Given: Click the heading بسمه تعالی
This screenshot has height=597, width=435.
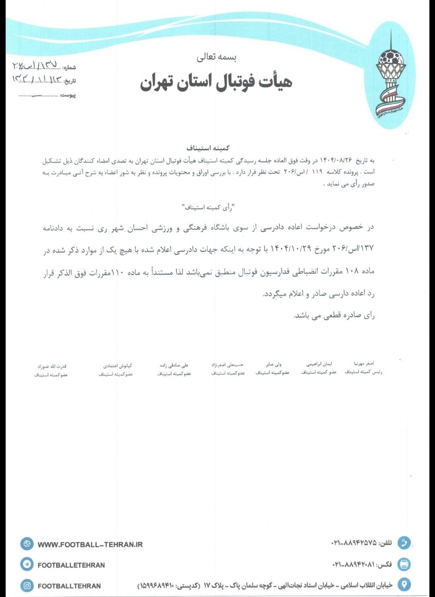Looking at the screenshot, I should (217, 57).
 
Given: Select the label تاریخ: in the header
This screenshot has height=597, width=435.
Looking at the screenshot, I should (70, 81).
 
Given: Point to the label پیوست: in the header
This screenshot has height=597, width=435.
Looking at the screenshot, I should (68, 96).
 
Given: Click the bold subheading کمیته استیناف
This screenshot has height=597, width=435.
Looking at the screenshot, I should (208, 148).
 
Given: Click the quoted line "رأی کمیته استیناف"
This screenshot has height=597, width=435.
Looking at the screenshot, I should (208, 207).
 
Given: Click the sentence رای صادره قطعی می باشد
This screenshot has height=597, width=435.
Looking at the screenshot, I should (334, 315).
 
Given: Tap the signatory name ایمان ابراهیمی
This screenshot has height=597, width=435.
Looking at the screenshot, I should (319, 364).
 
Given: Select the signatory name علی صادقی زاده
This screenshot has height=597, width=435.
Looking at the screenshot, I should (174, 365).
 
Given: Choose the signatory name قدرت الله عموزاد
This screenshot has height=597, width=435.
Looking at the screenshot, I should (52, 366).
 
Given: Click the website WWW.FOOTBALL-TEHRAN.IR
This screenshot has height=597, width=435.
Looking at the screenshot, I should (90, 544).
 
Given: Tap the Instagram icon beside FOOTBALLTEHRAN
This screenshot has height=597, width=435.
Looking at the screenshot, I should (27, 585).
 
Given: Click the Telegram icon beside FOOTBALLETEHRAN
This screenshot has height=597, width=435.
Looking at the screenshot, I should (27, 564).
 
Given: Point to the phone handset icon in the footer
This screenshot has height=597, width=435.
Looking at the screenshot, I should (404, 543).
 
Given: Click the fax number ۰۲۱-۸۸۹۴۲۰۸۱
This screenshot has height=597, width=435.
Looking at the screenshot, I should (354, 564).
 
